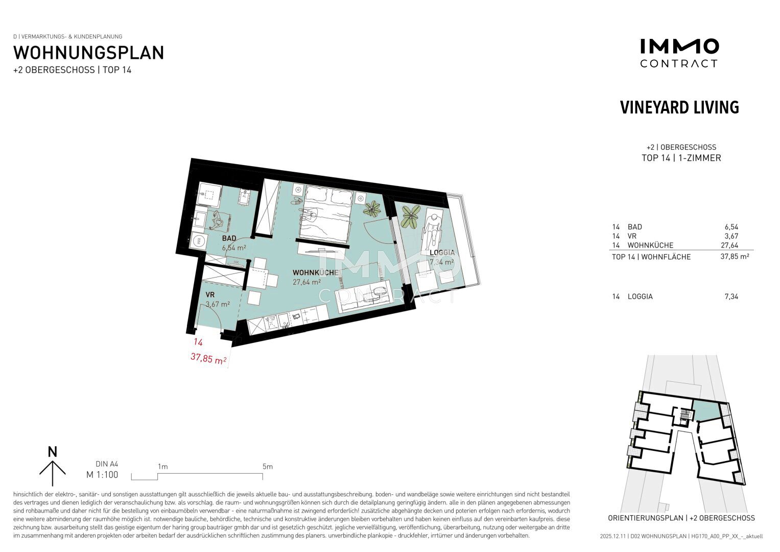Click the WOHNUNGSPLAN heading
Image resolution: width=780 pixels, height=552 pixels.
[88, 53]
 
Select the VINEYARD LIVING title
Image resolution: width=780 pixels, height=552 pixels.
[679, 107]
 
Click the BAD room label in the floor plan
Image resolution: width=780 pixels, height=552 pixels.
[229, 238]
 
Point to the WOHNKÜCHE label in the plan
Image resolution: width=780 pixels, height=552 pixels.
[316, 272]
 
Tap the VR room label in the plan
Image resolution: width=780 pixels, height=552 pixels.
[210, 295]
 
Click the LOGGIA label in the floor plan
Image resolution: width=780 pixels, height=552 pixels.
[442, 252]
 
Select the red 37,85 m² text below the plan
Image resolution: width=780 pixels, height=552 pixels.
[208, 358]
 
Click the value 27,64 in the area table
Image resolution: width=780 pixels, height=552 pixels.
[729, 245]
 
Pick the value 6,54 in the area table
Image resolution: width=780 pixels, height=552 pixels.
[731, 227]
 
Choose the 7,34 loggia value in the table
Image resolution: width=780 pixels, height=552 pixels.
[731, 296]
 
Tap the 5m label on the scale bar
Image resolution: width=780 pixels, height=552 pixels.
[268, 467]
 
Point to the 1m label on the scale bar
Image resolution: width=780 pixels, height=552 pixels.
[163, 467]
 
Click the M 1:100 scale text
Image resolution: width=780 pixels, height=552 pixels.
[102, 475]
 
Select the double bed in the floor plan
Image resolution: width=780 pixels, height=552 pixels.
[326, 214]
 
